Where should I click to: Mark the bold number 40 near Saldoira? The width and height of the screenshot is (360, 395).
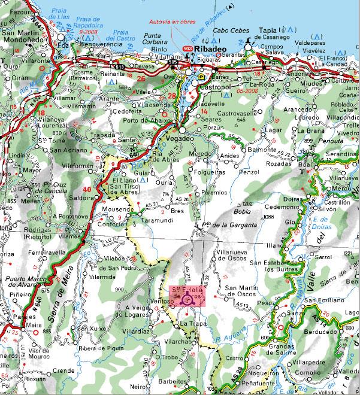tap(87, 190)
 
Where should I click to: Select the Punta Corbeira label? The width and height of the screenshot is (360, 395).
tap(158, 40)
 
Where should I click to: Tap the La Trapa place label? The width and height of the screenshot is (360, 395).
tap(192, 323)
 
